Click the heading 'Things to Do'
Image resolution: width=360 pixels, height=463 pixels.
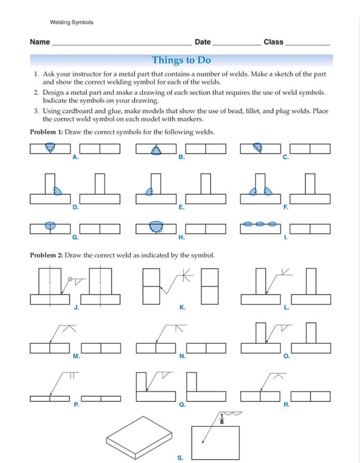click(181, 60)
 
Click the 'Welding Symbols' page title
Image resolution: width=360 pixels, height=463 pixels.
click(72, 23)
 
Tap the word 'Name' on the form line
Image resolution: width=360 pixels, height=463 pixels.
click(39, 42)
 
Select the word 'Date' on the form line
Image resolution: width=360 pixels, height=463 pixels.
click(202, 42)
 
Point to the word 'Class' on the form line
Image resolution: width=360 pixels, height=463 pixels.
click(273, 42)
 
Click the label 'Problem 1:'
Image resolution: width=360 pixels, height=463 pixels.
click(46, 132)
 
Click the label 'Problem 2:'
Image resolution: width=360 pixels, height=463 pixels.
click(46, 255)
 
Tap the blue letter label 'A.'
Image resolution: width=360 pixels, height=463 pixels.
click(76, 158)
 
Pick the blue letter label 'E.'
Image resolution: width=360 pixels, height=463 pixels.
click(181, 207)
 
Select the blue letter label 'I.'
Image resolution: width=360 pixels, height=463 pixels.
click(286, 237)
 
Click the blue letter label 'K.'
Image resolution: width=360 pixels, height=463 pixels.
click(182, 307)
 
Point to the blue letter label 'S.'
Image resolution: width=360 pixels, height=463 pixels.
click(180, 458)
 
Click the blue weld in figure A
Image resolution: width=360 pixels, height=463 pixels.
click(51, 148)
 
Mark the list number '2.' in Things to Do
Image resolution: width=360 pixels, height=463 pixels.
click(36, 92)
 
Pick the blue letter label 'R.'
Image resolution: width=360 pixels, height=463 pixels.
click(286, 405)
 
